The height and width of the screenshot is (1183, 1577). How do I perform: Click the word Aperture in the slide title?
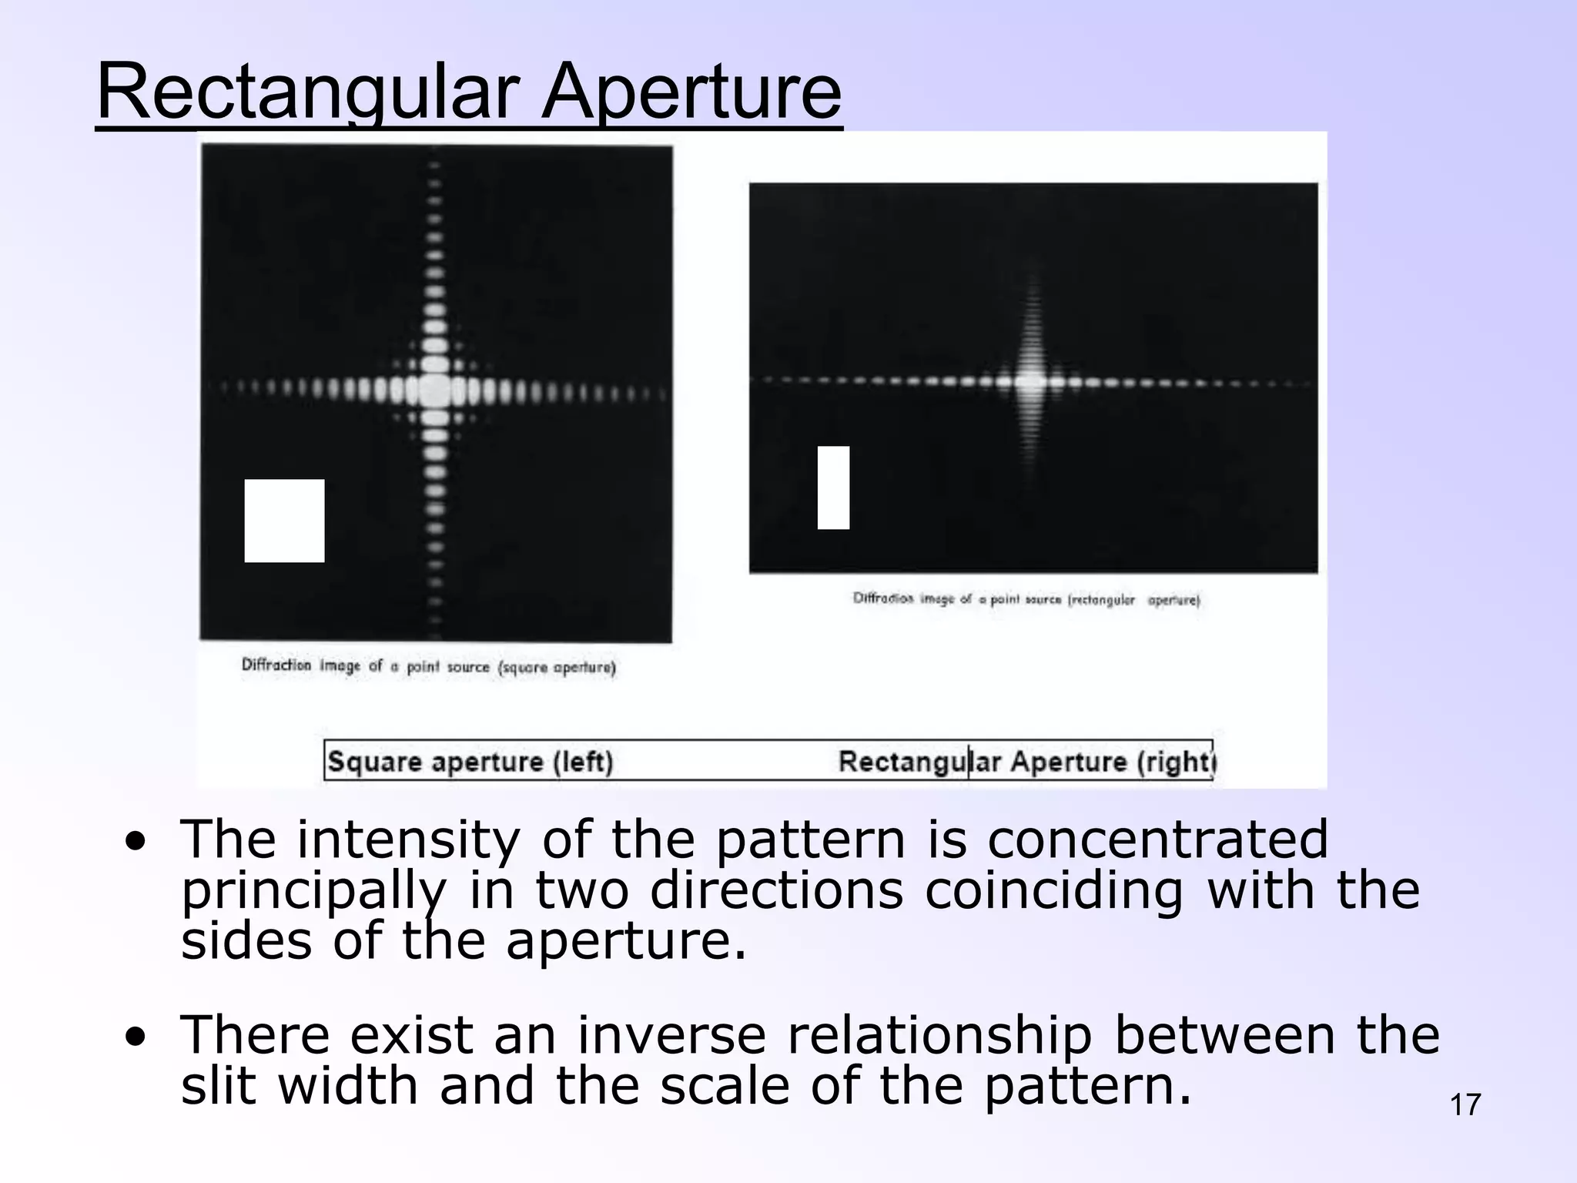point(691,92)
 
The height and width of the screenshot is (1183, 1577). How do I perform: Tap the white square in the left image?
point(284,521)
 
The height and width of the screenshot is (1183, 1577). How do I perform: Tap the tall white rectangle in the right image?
point(833,488)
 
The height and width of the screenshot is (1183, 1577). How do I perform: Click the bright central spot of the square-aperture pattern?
point(436,390)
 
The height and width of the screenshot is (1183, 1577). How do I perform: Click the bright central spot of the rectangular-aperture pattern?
point(1030,380)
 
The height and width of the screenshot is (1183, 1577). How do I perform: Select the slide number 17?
point(1465,1105)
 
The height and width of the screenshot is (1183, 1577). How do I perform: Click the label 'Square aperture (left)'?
point(470,762)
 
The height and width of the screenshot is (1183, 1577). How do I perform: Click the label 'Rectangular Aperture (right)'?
point(1026,762)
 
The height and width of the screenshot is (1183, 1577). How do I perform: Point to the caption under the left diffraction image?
point(428,666)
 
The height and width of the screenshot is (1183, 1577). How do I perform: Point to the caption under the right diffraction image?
point(1026,599)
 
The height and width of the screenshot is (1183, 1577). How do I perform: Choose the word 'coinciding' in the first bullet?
point(1053,890)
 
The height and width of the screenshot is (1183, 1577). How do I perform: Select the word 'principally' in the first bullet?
point(313,892)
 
